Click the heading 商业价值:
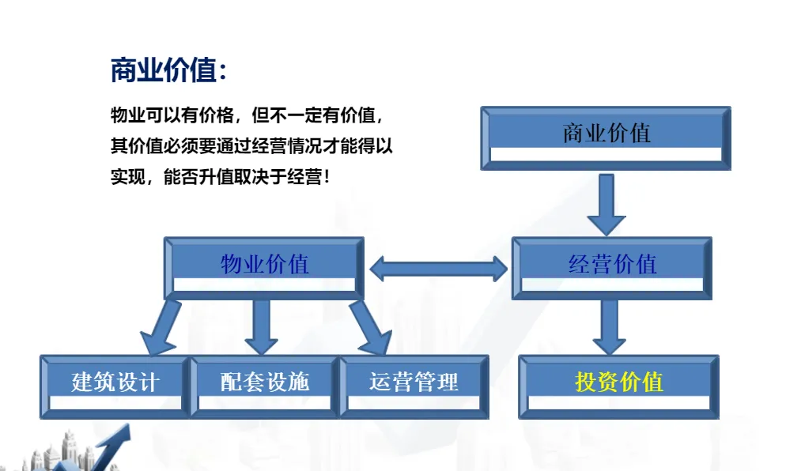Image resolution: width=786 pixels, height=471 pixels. tap(168, 71)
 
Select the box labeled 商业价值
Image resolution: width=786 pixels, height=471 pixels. tap(606, 138)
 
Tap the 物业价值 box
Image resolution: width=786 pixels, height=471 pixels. tap(264, 268)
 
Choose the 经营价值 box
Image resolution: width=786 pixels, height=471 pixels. tap(612, 268)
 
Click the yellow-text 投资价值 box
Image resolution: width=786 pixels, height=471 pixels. tap(618, 386)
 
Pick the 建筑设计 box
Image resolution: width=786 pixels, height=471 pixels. tap(115, 386)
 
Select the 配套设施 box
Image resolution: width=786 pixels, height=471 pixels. tap(264, 386)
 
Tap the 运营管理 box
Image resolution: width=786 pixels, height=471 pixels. tap(414, 386)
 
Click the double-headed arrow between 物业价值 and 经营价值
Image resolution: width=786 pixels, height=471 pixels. tap(438, 269)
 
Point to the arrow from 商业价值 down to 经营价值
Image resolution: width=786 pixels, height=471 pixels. tap(607, 203)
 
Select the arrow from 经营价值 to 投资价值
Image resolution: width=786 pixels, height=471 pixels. tap(609, 326)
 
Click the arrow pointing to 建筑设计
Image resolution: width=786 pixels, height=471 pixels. tap(162, 328)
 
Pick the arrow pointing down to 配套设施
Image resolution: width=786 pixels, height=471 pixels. tap(262, 326)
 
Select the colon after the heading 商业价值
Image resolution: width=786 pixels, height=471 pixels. tap(223, 73)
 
